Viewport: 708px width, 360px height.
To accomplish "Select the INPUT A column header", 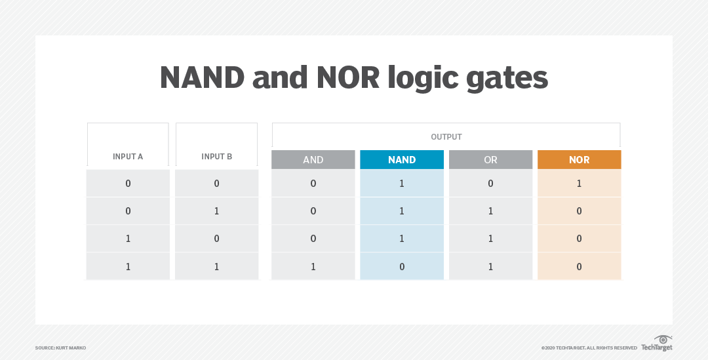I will tap(128, 157).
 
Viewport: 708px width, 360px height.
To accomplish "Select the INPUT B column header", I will tap(216, 157).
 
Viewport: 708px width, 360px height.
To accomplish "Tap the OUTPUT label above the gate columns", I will tap(446, 137).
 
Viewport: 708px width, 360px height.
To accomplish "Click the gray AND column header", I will tap(313, 160).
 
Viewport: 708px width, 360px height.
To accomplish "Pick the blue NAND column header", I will tap(402, 160).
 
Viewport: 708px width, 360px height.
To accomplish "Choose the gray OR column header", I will tap(490, 160).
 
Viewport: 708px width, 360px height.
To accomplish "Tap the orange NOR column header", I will tap(579, 160).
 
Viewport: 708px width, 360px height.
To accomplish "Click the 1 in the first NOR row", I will tap(579, 184).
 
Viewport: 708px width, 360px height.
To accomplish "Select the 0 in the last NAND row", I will tap(402, 266).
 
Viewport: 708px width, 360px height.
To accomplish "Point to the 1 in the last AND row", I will tap(313, 266).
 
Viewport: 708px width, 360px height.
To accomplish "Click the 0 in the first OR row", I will tap(490, 184).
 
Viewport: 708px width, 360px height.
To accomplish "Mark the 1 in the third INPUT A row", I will tap(128, 239).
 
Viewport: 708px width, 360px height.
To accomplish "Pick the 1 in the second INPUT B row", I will tap(216, 211).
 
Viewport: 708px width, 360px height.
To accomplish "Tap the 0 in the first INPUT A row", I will tap(128, 184).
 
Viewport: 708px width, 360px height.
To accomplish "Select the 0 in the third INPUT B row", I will tap(216, 239).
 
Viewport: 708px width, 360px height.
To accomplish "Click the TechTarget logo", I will tap(656, 344).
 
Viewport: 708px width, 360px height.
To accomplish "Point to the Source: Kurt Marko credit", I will tap(60, 348).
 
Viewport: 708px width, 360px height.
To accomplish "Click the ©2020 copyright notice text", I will tap(589, 348).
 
